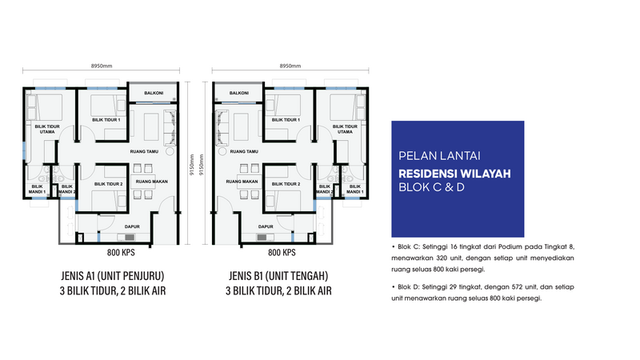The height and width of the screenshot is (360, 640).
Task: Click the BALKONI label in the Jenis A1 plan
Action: point(154,93)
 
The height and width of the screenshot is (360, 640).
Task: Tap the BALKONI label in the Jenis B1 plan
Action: point(238,93)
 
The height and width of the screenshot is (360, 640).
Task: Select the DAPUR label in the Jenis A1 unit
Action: point(132,226)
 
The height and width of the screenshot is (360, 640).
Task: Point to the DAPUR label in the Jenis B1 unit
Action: point(266,226)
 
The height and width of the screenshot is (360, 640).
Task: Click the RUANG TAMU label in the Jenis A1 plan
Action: point(144,151)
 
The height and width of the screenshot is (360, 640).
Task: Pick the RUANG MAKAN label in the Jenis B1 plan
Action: point(242,182)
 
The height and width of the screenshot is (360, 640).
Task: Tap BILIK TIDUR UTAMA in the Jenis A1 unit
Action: point(47,129)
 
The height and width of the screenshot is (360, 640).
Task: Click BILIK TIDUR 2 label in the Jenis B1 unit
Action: point(286,184)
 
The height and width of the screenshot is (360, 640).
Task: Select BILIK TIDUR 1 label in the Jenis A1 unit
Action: point(106,120)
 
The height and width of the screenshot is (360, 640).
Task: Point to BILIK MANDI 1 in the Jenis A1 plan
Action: point(37,189)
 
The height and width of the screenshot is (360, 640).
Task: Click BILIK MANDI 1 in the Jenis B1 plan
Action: point(355,189)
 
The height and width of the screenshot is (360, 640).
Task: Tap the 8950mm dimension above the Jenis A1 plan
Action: point(102,66)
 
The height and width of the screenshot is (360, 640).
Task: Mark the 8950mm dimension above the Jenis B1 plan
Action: point(290,66)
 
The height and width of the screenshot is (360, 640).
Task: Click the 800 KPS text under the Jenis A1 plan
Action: point(121,253)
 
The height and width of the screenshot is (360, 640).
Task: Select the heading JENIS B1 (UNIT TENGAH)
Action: point(278,276)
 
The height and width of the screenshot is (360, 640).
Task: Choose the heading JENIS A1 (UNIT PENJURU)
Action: point(113,276)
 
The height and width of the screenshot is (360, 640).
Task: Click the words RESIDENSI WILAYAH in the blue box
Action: point(454,174)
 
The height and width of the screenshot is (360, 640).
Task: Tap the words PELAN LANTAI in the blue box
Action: point(439,156)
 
